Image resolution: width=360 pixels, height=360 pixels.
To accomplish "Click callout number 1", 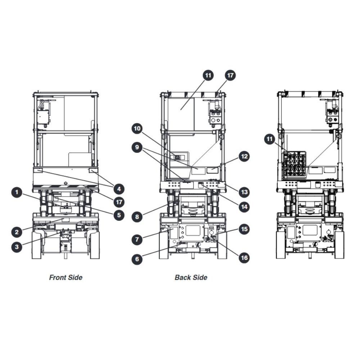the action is click(x=17, y=192).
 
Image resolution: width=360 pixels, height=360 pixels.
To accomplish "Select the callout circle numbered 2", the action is click(x=17, y=232).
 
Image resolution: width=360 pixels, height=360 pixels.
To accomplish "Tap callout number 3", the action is click(x=17, y=247).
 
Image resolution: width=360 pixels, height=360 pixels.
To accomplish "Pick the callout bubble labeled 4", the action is click(x=119, y=189).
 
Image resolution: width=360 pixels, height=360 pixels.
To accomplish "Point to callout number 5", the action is click(x=119, y=215).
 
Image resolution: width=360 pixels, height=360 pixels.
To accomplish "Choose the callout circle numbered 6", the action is click(x=137, y=259).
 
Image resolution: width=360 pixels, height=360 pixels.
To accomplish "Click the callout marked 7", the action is click(x=137, y=239).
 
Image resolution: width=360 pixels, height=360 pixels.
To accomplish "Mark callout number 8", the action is click(x=137, y=217).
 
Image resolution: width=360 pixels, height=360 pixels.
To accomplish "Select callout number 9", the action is click(x=137, y=147).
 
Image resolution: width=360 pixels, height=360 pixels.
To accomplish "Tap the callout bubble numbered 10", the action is click(x=137, y=129).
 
